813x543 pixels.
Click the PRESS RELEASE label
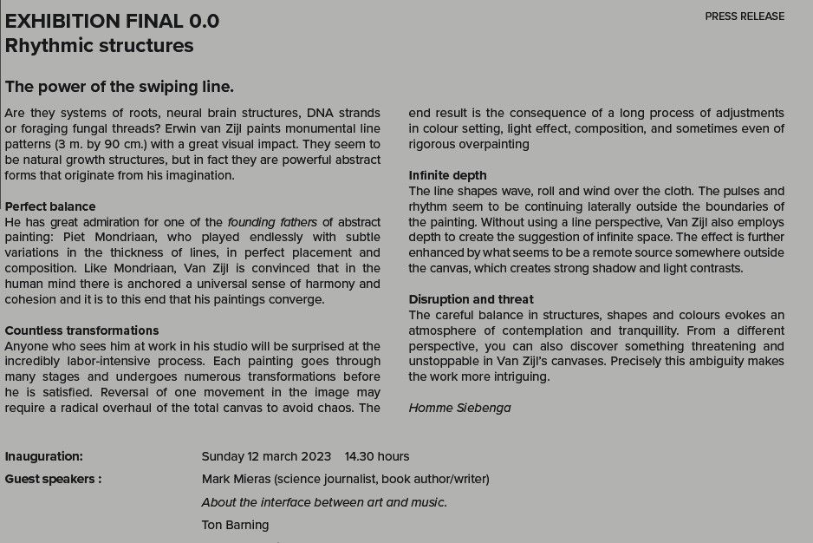point(744,16)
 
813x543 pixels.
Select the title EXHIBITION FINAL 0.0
point(113,21)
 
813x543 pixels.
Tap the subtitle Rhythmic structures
point(100,46)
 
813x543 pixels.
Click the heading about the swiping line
point(120,87)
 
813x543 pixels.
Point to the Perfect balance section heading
point(50,206)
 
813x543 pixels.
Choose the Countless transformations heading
point(81,330)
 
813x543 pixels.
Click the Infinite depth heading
point(447,175)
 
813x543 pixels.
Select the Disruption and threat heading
point(471,299)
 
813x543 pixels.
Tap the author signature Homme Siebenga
point(459,408)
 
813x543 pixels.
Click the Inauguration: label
point(44,456)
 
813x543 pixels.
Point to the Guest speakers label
point(53,479)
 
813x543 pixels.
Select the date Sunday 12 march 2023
point(266,456)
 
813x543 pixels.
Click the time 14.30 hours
point(377,456)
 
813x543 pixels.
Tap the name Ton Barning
point(235,525)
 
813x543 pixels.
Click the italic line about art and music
point(324,502)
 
